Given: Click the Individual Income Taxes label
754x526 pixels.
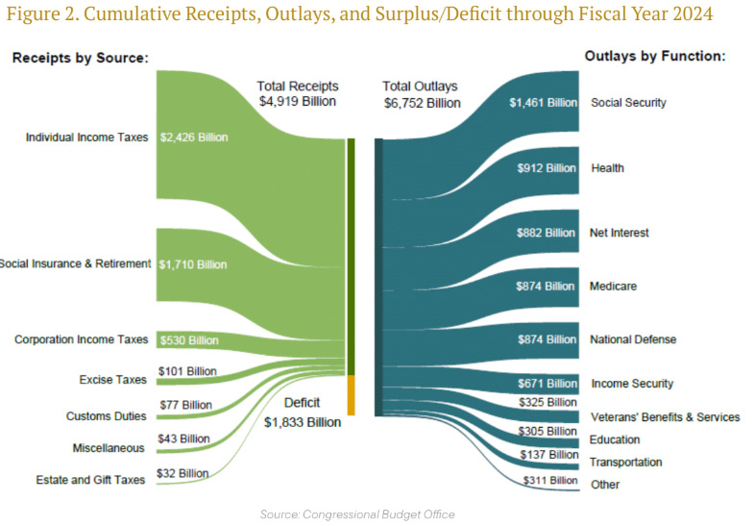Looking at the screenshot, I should (87, 138).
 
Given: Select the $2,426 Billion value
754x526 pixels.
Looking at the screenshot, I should (193, 138).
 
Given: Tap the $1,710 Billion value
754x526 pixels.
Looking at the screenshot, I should (193, 263).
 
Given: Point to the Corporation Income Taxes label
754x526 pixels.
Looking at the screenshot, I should (82, 339).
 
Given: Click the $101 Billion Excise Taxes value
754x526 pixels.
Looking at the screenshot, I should (187, 370).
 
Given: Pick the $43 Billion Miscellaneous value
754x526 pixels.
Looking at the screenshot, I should (183, 438).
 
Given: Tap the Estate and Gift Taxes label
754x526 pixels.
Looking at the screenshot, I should (90, 479).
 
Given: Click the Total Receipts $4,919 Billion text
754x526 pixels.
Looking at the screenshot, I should (298, 93).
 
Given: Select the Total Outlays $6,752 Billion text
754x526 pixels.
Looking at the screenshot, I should (422, 94).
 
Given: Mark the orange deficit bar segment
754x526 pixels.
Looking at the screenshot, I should (352, 395).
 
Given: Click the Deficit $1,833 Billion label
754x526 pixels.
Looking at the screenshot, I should (302, 412).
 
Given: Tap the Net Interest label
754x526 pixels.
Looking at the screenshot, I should (620, 233).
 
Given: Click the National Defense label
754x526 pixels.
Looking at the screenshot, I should (633, 339).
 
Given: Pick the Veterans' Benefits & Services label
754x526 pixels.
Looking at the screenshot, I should (665, 417).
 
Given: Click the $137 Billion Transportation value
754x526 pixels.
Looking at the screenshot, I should (548, 454).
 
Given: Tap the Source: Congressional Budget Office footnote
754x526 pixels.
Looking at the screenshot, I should (357, 514).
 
